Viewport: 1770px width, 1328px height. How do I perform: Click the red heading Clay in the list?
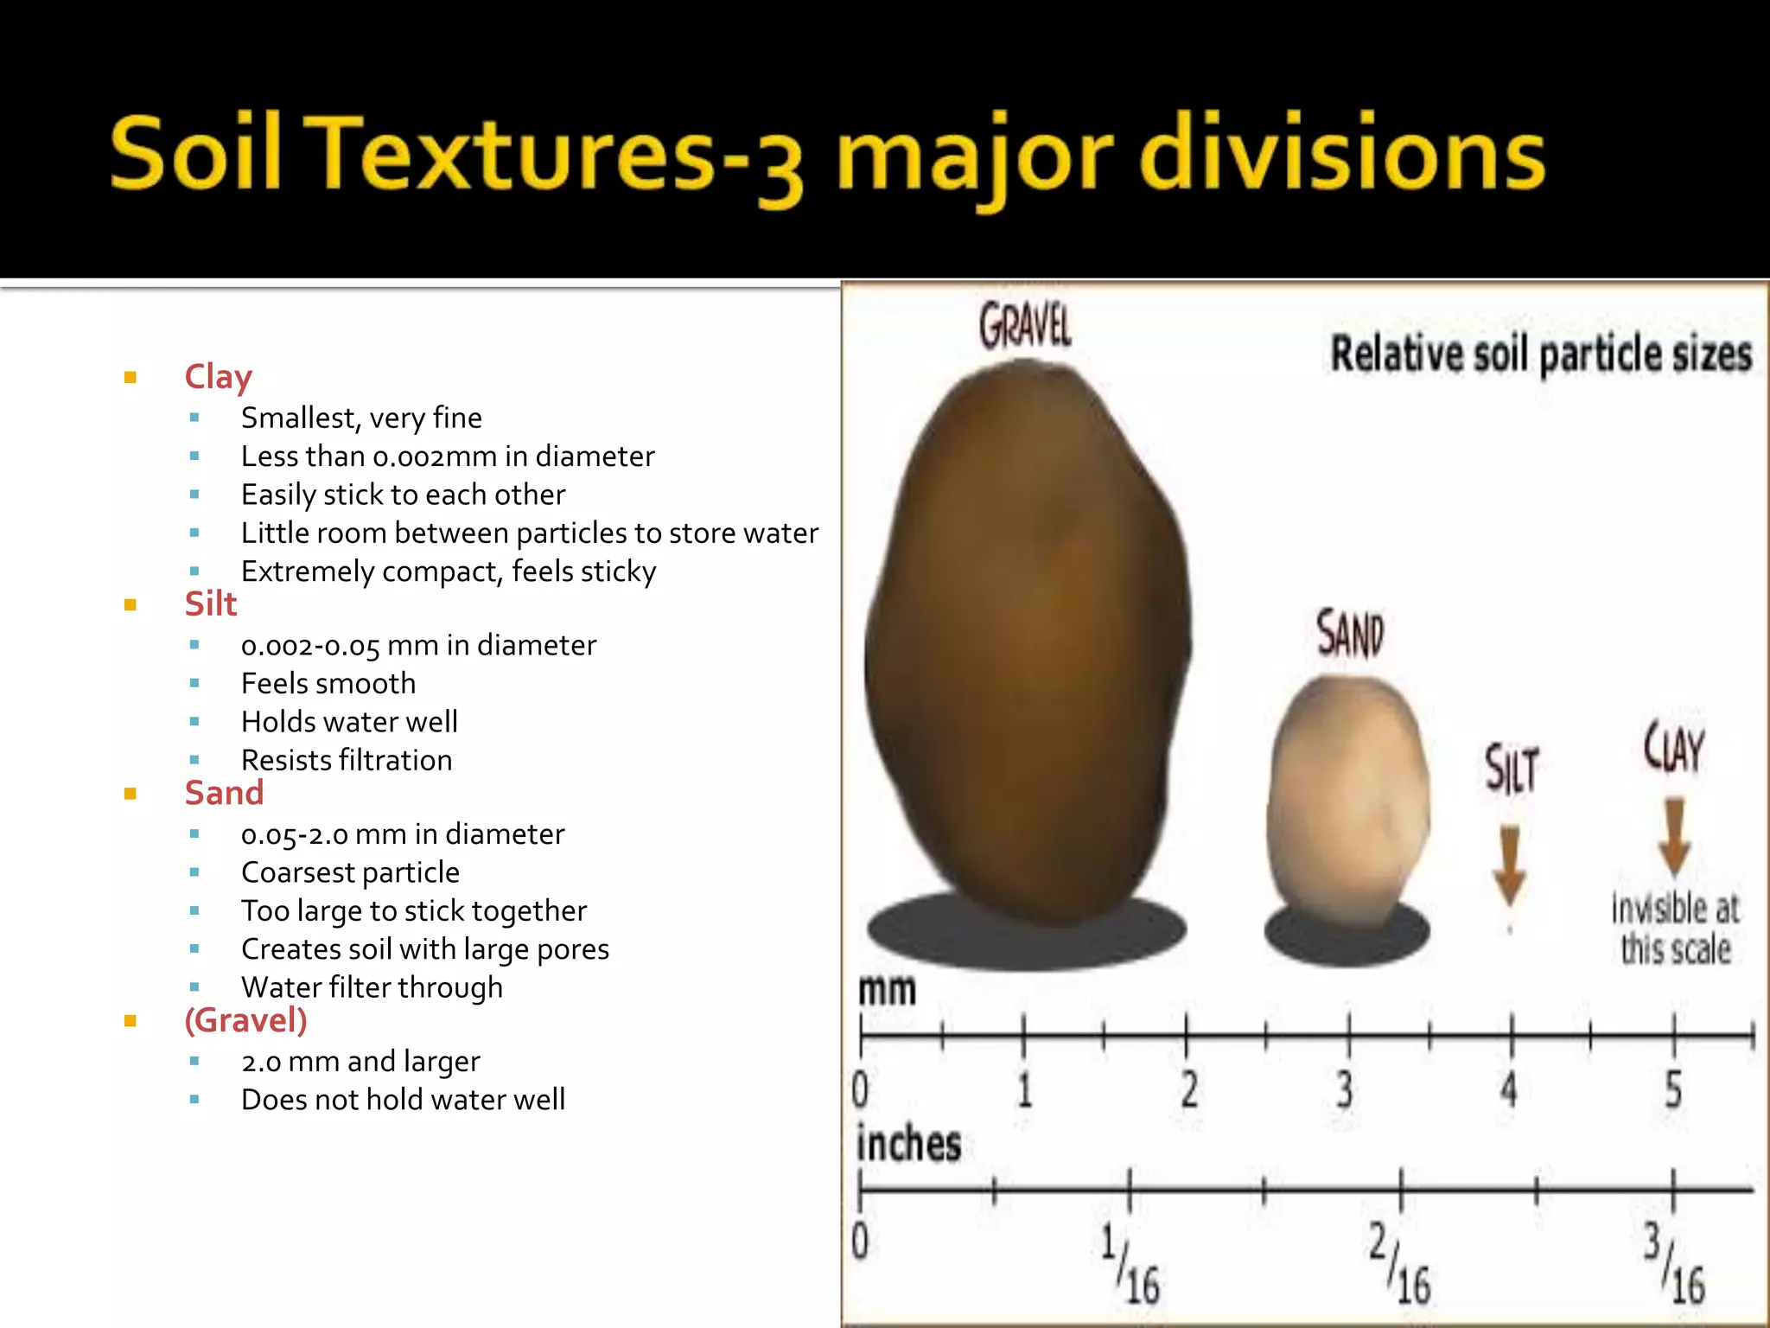coord(218,377)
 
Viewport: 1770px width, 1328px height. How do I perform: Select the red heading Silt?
coord(211,603)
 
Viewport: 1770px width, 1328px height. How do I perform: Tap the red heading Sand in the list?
coord(224,793)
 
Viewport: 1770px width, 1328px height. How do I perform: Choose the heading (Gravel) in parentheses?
coord(245,1020)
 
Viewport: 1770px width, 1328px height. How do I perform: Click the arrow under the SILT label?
coord(1509,865)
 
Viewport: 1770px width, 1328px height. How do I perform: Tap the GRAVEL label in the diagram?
coord(1025,327)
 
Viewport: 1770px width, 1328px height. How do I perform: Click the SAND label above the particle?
coord(1349,634)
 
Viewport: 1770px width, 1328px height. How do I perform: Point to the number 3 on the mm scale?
coord(1345,1089)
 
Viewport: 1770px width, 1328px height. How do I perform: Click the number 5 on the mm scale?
coord(1673,1089)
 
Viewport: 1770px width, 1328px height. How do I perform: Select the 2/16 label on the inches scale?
coord(1400,1262)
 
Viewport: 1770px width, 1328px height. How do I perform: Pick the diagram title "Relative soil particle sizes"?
coord(1540,354)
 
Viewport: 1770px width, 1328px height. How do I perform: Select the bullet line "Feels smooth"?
coord(328,684)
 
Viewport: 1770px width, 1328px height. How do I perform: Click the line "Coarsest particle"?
coord(350,872)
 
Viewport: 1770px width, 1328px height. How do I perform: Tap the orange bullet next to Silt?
coord(131,604)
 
